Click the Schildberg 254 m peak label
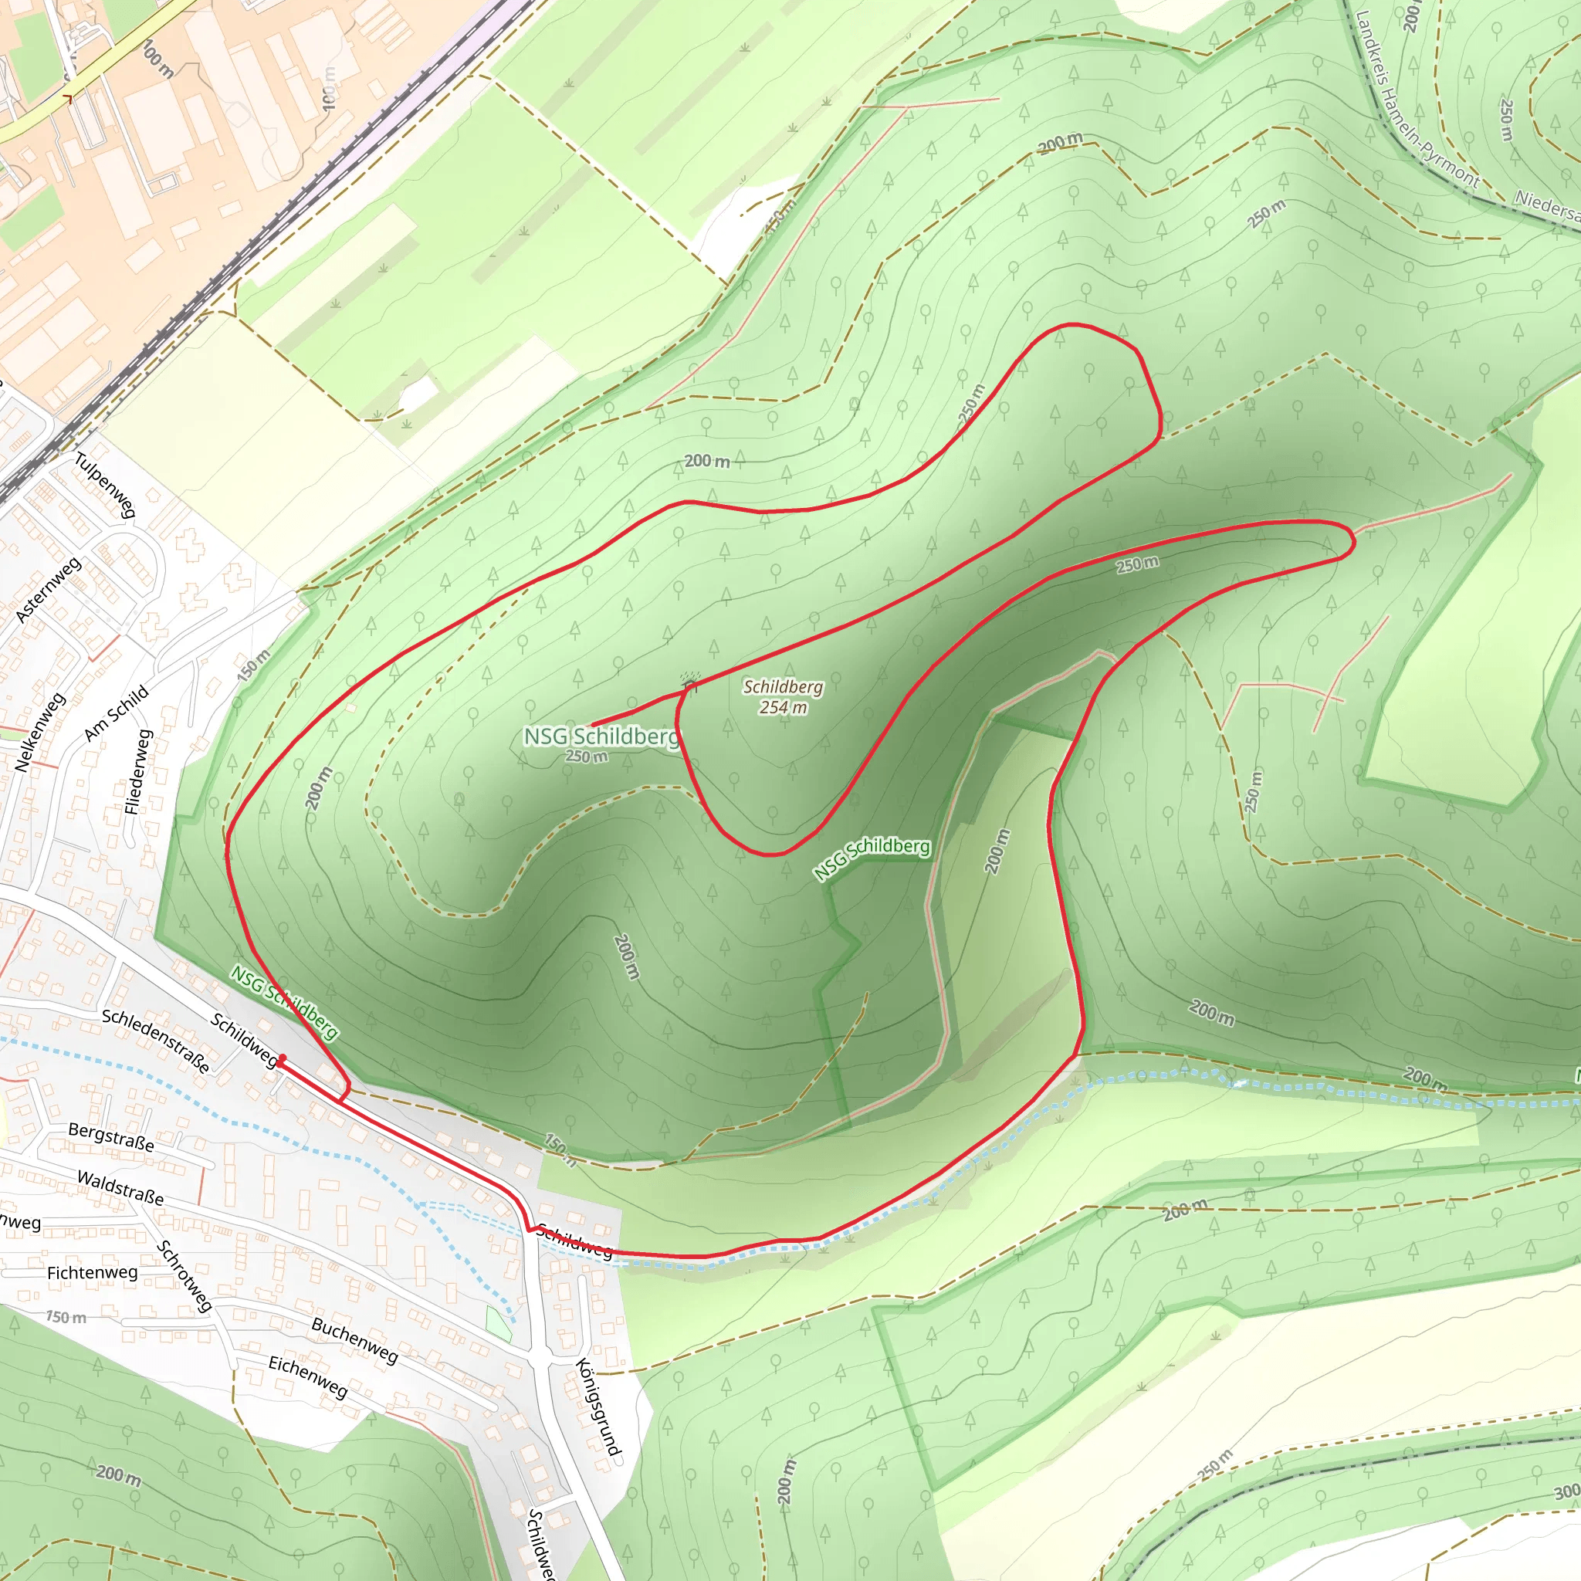click(x=782, y=697)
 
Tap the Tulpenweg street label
click(x=105, y=485)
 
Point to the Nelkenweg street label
click(x=39, y=733)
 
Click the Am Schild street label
click(x=117, y=713)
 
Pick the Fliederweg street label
click(x=138, y=772)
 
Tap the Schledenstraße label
click(x=155, y=1040)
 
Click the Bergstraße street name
click(x=111, y=1137)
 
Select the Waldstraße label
click(x=120, y=1187)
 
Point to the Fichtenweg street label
click(x=93, y=1272)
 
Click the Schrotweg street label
click(x=185, y=1277)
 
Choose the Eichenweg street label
click(x=309, y=1377)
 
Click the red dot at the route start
click(x=283, y=1059)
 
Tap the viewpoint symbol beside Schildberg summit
click(x=690, y=682)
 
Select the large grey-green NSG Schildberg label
click(x=601, y=736)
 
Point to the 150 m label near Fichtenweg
click(x=66, y=1318)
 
